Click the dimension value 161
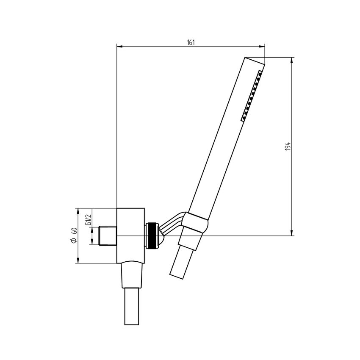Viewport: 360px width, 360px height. tap(191, 42)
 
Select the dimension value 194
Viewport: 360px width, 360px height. tap(288, 147)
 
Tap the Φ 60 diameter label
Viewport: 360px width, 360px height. tap(74, 235)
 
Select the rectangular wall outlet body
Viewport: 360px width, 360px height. tap(130, 235)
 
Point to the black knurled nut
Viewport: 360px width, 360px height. tap(151, 235)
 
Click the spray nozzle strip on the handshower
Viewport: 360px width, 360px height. tap(252, 97)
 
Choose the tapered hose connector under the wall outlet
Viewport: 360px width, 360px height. tap(131, 276)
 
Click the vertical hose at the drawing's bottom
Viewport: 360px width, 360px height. tap(131, 307)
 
